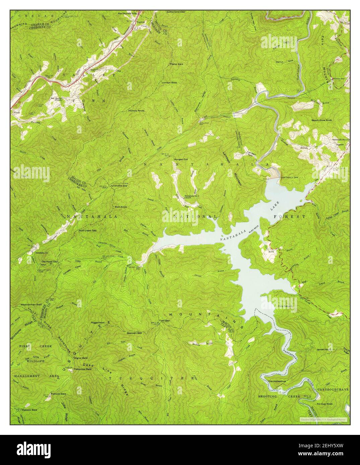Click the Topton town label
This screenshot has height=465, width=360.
[140, 22]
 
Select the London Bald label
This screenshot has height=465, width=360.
[169, 82]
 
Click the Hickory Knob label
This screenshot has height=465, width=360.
[136, 110]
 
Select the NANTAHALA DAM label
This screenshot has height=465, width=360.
[289, 177]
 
